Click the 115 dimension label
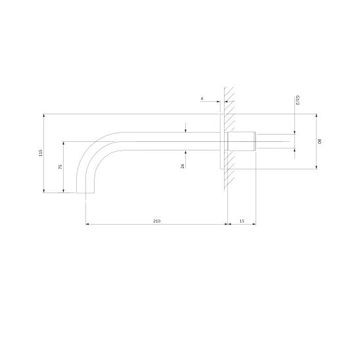pyautogui.click(x=41, y=153)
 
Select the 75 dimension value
pyautogui.click(x=60, y=167)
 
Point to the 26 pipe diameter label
pyautogui.click(x=183, y=166)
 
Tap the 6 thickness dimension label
pyautogui.click(x=202, y=99)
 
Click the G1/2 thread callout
pyautogui.click(x=298, y=101)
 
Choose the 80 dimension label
pyautogui.click(x=319, y=141)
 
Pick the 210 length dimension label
pyautogui.click(x=157, y=221)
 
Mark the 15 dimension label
pyautogui.click(x=242, y=221)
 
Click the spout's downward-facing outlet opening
pyautogui.click(x=85, y=193)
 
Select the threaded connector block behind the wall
pyautogui.click(x=242, y=141)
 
